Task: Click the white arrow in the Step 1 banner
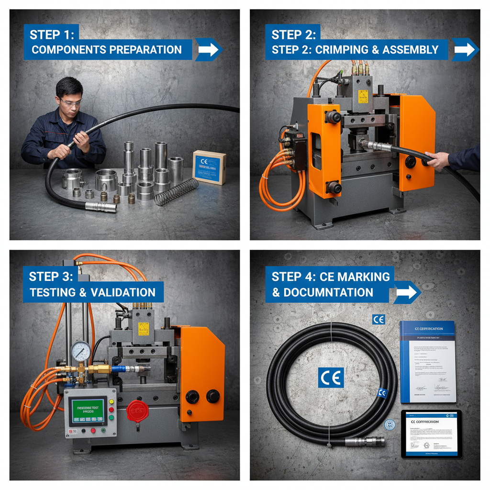coord(207,49)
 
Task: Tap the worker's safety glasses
coord(70,101)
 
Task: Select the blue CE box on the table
coord(209,167)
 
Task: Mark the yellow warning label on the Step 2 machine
coord(363,96)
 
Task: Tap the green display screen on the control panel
coord(87,410)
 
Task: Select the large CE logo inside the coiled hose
coord(331,377)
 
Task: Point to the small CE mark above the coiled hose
coord(378,319)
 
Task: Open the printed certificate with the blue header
coord(427,361)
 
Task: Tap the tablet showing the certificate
coord(431,434)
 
